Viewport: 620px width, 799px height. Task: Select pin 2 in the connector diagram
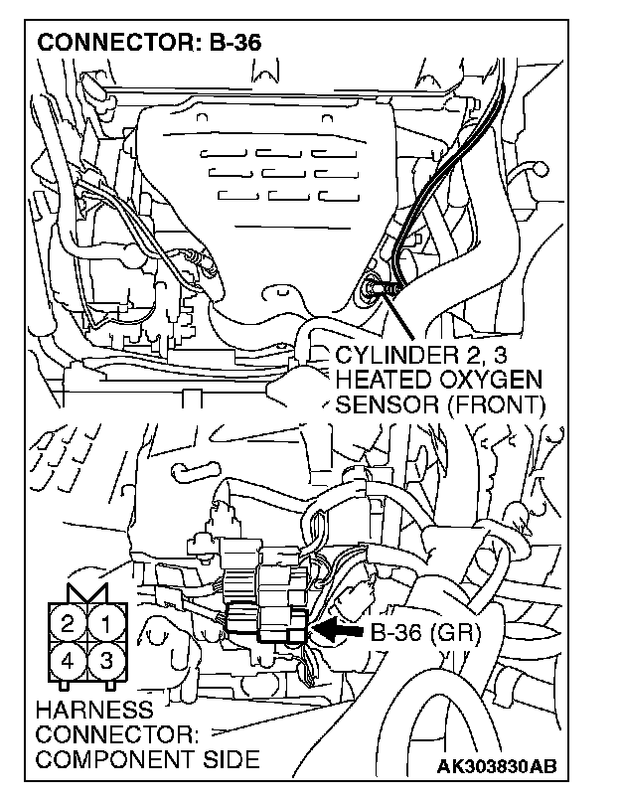click(x=68, y=625)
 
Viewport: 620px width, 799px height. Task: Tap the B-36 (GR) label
click(x=425, y=633)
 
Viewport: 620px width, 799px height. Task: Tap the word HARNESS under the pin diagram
click(x=93, y=711)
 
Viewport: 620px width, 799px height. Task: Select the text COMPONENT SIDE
click(x=146, y=759)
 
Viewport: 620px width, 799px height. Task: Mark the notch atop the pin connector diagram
click(x=88, y=592)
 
